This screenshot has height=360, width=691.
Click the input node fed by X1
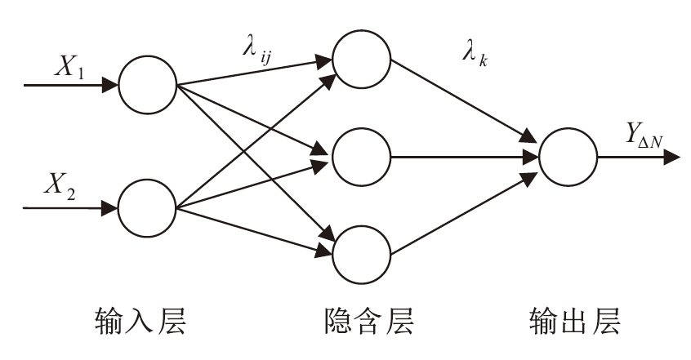coord(148,85)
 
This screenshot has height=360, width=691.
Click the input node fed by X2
coord(148,208)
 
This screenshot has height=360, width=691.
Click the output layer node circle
coord(567,154)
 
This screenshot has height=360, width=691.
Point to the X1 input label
coord(69,70)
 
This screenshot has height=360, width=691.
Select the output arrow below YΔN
coord(639,155)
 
